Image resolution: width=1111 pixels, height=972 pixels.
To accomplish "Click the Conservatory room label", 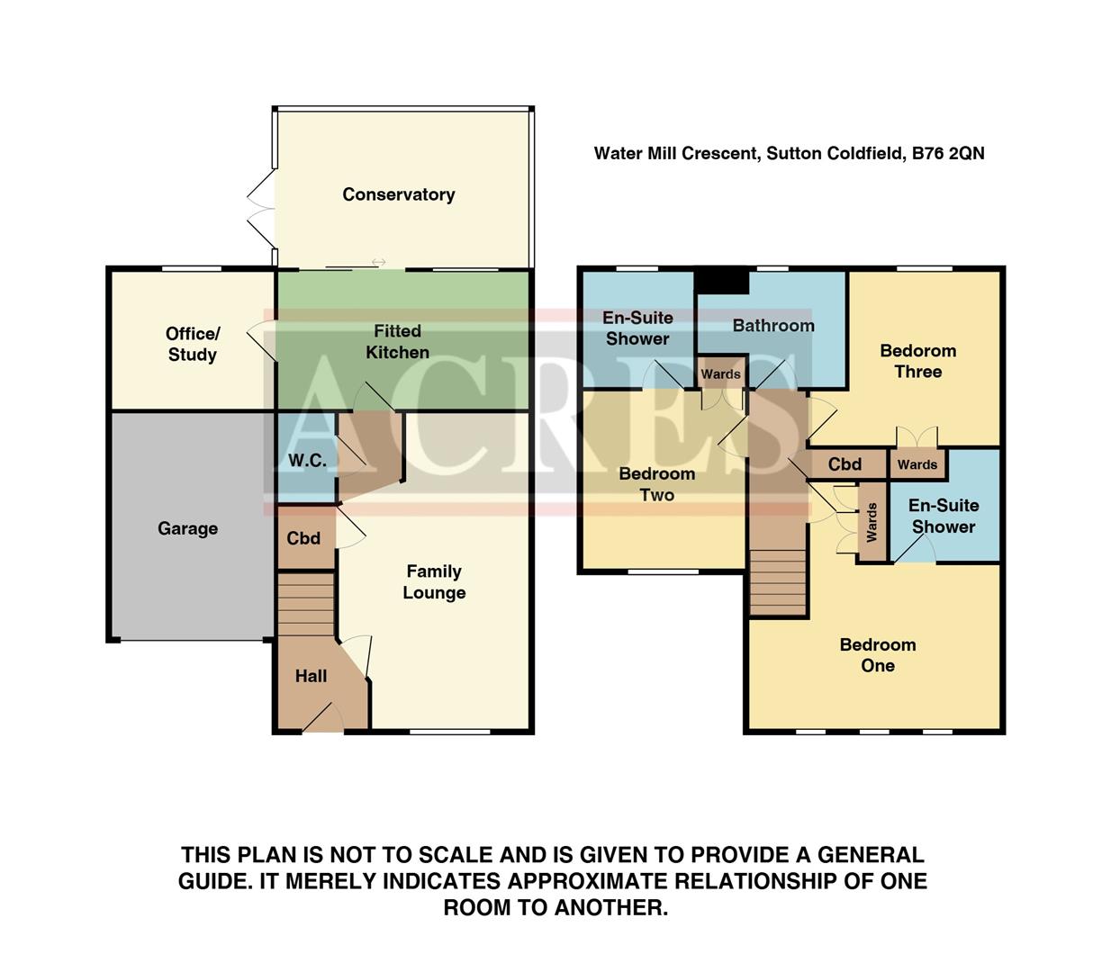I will [398, 194].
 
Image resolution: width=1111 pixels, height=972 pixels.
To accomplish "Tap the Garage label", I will [187, 528].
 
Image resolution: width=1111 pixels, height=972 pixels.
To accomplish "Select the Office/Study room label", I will [192, 344].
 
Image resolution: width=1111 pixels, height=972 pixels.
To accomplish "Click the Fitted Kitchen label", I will [397, 342].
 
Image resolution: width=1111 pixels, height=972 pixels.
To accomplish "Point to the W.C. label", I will [307, 461].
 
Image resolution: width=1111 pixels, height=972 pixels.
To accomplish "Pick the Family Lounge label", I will [434, 581].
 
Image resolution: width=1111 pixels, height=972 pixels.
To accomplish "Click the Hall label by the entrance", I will [311, 676].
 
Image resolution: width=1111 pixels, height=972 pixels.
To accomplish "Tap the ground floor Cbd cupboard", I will [303, 538].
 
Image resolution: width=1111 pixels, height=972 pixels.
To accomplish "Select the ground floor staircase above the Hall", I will [305, 604].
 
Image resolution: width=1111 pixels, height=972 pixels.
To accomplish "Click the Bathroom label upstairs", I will [772, 326].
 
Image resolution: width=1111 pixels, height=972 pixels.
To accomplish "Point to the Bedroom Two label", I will [656, 484].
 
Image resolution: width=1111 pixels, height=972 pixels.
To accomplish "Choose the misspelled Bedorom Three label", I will [917, 361].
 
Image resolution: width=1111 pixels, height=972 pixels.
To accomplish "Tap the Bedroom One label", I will [877, 655].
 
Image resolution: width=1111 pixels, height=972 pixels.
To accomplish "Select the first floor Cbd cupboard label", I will [845, 464].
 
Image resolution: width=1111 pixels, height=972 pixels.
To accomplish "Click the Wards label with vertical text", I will [872, 522].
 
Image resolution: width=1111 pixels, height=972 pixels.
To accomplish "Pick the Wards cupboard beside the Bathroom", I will [720, 373].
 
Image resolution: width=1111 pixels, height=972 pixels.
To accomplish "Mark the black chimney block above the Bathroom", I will [722, 281].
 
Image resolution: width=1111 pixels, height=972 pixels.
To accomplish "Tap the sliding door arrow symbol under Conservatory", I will [378, 263].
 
